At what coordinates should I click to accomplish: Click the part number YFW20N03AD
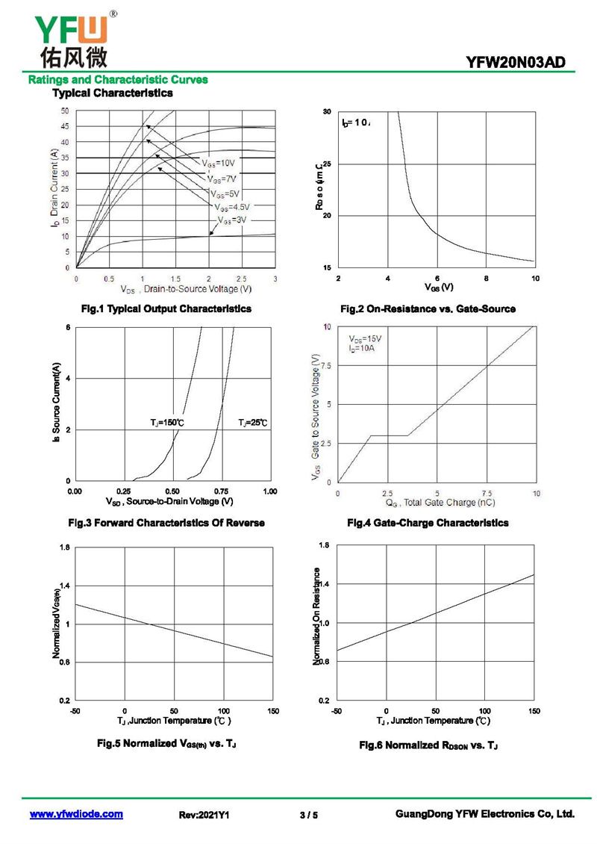point(520,64)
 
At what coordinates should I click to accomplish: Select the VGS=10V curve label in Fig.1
point(218,163)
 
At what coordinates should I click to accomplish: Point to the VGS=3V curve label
point(231,221)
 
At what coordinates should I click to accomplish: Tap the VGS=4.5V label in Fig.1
point(231,207)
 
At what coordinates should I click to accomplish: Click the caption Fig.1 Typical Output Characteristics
point(166,308)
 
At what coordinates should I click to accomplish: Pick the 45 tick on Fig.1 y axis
point(65,126)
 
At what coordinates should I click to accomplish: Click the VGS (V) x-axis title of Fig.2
point(439,287)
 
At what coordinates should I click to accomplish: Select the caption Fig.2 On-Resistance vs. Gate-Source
point(428,308)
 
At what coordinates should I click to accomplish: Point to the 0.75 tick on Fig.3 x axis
point(222,491)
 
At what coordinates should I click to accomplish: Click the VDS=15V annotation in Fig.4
point(365,339)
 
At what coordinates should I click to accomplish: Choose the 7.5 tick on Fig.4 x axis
point(487,494)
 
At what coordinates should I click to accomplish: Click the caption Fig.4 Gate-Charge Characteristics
point(428,523)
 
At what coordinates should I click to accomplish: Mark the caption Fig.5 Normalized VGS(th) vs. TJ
point(167,743)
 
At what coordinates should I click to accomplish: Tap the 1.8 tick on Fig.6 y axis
point(324,545)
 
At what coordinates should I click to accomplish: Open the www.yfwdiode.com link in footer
point(76,814)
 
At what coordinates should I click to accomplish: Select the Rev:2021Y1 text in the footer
point(204,815)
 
